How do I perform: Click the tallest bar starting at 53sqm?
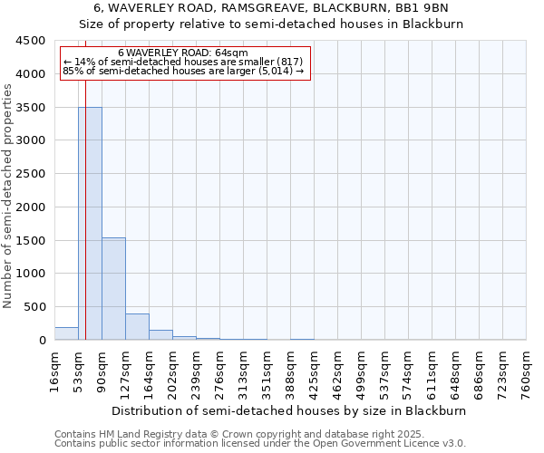tap(90, 223)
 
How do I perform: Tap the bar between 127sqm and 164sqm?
tap(137, 326)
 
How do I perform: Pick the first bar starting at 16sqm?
tap(66, 333)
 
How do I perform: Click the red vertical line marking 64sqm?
tap(85, 208)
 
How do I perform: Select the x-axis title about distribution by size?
tap(290, 410)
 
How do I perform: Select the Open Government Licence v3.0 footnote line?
tap(260, 444)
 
